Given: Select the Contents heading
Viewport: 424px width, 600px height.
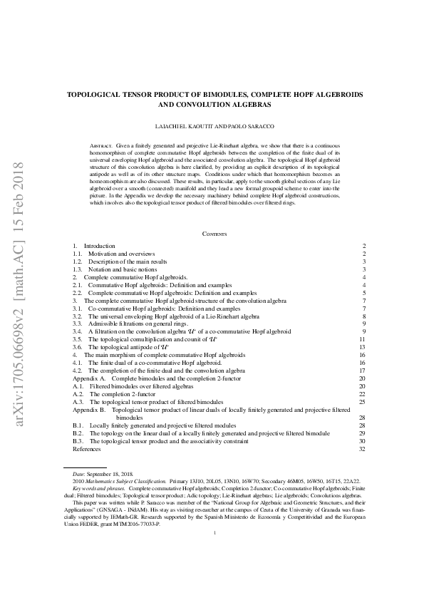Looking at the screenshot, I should (214, 234).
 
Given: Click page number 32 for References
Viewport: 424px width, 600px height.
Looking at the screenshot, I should (362, 449).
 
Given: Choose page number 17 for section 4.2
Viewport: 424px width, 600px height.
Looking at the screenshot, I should (362, 371).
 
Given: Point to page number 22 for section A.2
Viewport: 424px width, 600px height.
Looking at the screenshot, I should (362, 393).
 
